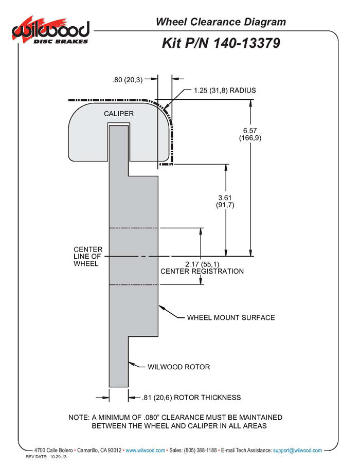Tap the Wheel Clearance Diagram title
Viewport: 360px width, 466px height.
coord(220,22)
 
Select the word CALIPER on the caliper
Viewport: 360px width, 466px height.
coord(119,114)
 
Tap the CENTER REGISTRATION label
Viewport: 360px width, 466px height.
coord(202,271)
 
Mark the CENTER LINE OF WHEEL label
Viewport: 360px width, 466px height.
coord(87,256)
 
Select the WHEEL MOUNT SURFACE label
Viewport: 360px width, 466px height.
coord(230,317)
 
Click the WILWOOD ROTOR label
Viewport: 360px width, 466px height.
coord(178,367)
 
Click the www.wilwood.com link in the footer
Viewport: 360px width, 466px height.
coord(146,450)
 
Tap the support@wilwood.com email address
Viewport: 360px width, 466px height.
coord(298,450)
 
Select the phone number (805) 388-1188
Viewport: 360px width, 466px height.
coord(200,450)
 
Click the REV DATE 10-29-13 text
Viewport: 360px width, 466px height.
coord(47,457)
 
